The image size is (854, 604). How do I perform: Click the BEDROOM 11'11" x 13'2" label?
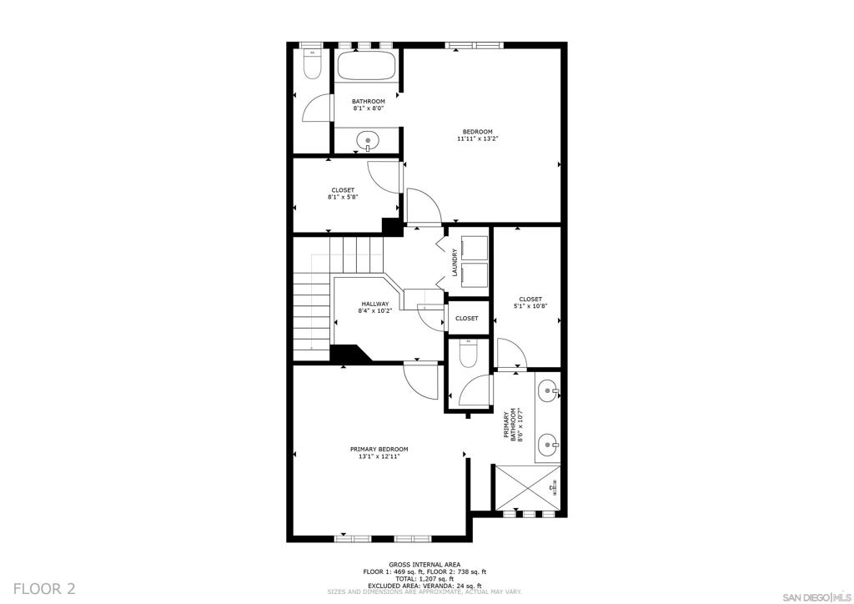(478, 135)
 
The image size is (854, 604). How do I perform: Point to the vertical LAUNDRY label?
(455, 263)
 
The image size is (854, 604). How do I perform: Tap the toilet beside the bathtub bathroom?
(312, 63)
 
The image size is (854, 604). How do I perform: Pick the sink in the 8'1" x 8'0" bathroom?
(368, 140)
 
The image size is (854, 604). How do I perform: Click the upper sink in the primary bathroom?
(547, 390)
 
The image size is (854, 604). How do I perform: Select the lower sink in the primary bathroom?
(547, 445)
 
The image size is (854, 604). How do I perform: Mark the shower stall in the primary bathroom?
(527, 487)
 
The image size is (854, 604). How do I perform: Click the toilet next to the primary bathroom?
(468, 353)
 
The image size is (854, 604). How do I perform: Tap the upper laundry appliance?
(475, 248)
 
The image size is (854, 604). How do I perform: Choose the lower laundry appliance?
(475, 275)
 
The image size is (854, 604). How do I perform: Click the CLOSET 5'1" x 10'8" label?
(530, 302)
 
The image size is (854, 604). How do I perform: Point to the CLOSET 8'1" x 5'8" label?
(343, 194)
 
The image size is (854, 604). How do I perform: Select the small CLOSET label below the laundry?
(467, 318)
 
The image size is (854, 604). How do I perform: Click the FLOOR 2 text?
(44, 588)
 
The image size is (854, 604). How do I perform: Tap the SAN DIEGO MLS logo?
(816, 596)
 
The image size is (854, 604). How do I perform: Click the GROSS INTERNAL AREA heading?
(424, 564)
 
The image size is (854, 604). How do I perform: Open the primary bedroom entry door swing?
(420, 380)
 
